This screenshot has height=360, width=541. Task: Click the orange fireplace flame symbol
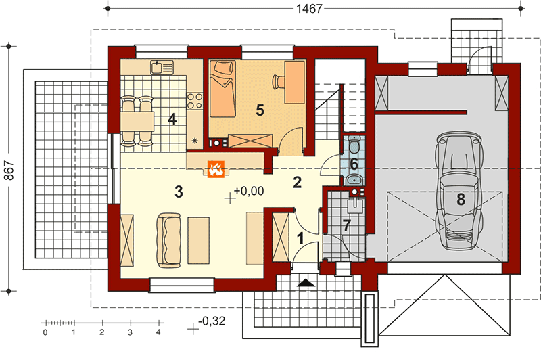[x=216, y=169]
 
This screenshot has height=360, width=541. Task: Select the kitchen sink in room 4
[x=162, y=67]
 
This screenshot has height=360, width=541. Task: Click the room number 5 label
[x=260, y=110]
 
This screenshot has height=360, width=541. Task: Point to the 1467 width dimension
[x=309, y=8]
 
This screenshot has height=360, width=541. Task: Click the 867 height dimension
[x=9, y=170]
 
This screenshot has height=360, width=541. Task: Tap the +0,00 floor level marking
[x=249, y=191]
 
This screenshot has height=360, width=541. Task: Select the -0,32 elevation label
[x=212, y=321]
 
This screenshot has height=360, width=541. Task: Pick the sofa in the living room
[x=168, y=240]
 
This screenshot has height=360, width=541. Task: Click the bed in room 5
[x=222, y=88]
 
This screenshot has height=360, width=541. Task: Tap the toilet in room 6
[x=354, y=145]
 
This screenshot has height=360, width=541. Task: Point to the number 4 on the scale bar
[x=158, y=332]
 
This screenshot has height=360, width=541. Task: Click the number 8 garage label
[x=461, y=200]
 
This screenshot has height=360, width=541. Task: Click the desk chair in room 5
[x=279, y=82]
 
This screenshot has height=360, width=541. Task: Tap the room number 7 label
[x=347, y=226]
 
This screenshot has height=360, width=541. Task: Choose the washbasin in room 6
[x=354, y=179]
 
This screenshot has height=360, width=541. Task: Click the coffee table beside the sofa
[x=198, y=240]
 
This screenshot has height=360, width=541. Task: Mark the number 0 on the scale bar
[x=45, y=332]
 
